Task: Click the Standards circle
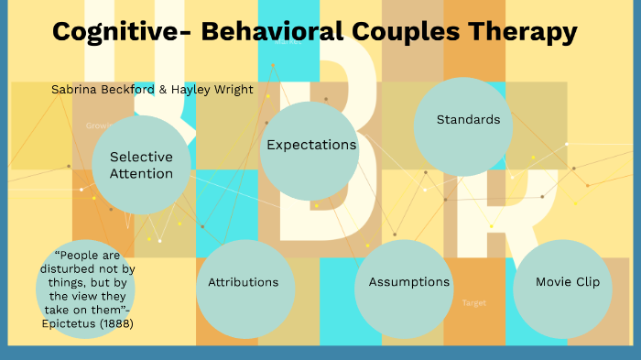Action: tap(468, 120)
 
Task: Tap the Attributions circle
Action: tap(244, 282)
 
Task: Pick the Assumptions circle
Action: tap(409, 282)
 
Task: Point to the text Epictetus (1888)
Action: tap(88, 322)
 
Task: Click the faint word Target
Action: tap(474, 302)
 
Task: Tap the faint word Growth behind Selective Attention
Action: tap(98, 125)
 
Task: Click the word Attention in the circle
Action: tap(141, 173)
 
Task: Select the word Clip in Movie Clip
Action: tap(586, 282)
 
